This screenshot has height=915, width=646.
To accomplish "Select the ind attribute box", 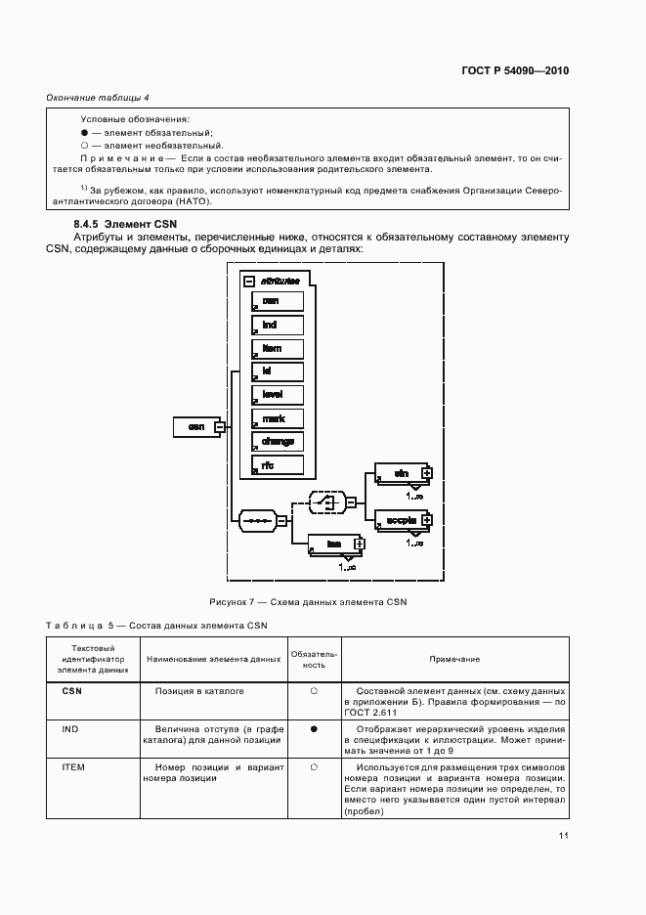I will [277, 325].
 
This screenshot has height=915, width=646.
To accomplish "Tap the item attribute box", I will [277, 349].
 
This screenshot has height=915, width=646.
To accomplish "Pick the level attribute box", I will [277, 395].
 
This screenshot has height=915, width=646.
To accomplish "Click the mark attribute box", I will [277, 418].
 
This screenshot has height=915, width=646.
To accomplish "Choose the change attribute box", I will [277, 442].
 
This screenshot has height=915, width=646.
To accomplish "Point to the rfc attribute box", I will [277, 465].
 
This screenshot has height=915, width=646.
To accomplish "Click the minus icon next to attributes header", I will [249, 281].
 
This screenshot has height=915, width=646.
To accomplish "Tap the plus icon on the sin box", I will [426, 473].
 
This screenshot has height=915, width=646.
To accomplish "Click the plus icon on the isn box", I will [359, 544].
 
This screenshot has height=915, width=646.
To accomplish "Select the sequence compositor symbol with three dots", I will [257, 520].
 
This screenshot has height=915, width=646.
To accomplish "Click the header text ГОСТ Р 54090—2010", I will [515, 70].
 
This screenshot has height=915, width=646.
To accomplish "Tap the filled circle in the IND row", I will [314, 729].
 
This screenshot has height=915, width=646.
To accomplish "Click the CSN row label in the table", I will [71, 691].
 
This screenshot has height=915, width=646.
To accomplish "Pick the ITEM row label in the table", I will [73, 767].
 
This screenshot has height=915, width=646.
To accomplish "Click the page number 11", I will [564, 835].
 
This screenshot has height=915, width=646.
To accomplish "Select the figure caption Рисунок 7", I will [307, 602].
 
